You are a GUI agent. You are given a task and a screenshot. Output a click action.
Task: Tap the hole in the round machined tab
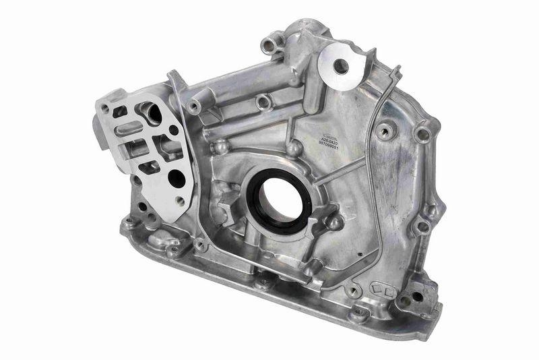(341, 66)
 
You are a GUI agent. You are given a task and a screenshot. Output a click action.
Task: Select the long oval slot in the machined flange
(129, 127)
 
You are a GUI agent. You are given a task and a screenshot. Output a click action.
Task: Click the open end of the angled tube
(194, 107)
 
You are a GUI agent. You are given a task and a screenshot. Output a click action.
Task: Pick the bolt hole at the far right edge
(422, 134)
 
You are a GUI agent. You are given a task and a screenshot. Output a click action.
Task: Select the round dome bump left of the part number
(294, 146)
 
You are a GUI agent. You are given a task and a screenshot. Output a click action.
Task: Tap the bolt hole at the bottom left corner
(129, 222)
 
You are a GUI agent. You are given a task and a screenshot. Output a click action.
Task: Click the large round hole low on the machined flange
(176, 179)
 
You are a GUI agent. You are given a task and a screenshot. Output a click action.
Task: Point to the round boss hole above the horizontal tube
(263, 102)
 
